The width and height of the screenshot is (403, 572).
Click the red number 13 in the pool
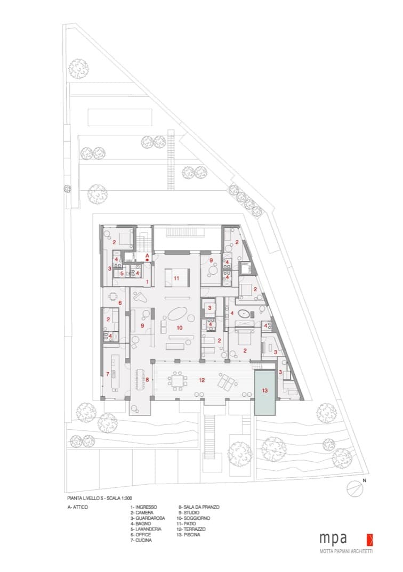[264, 390]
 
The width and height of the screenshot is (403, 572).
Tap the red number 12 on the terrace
[201, 380]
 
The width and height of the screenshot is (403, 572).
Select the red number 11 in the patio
[176, 279]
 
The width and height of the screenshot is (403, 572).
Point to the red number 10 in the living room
[179, 328]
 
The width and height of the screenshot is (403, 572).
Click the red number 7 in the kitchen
[108, 374]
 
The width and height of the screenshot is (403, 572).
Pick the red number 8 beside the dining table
[147, 380]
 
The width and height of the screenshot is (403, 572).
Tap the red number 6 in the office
[120, 303]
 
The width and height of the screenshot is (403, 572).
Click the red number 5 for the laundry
[122, 273]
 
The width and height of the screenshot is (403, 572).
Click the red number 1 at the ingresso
[147, 282]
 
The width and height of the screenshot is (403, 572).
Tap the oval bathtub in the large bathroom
[243, 313]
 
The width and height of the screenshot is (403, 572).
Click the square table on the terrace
[178, 381]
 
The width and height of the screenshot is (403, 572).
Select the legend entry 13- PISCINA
[188, 535]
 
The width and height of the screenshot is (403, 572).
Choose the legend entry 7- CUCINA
[141, 540]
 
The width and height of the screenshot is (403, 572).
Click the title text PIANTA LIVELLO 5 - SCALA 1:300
[100, 498]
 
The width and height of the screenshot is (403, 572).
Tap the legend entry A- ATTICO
[78, 507]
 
